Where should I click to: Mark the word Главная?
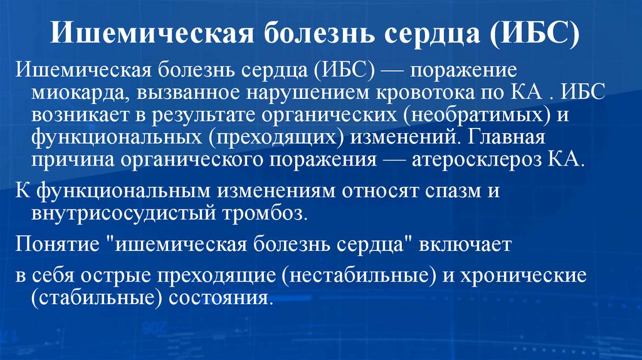point(511,137)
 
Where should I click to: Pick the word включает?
point(466,243)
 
